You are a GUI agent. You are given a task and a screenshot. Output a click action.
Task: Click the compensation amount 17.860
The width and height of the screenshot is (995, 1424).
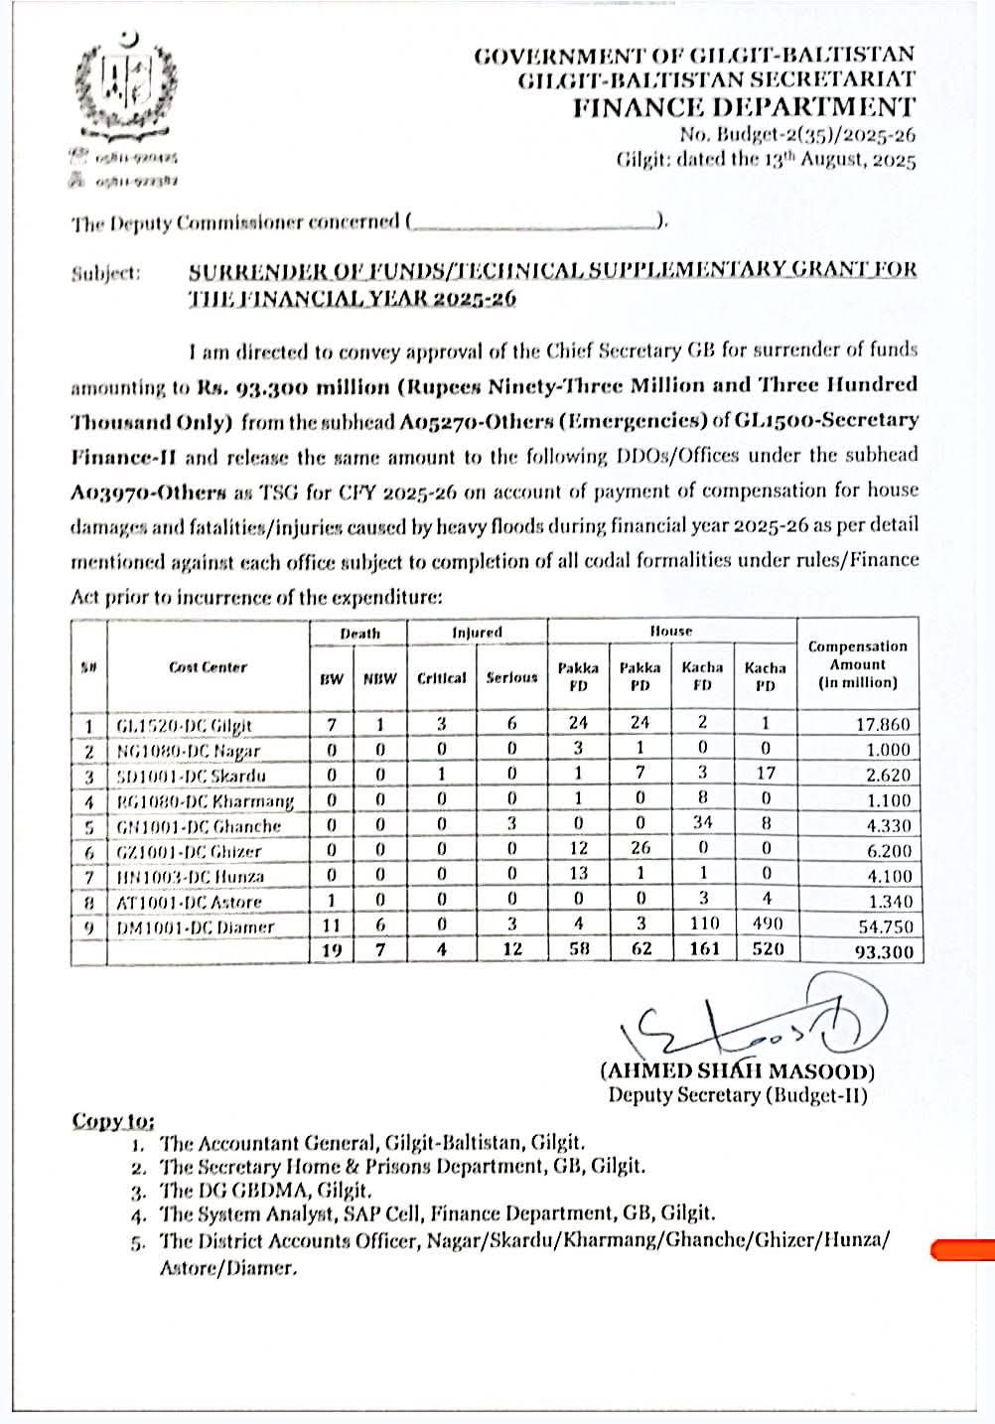coord(883,725)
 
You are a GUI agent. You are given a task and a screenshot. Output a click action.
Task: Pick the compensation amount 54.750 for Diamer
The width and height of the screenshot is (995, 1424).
coord(883,926)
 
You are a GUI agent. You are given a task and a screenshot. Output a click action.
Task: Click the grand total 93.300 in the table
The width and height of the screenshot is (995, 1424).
coord(883,950)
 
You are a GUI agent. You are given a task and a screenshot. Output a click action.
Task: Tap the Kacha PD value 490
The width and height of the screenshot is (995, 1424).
coord(766,926)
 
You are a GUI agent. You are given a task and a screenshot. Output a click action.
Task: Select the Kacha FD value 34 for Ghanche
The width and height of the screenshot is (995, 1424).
coord(702,825)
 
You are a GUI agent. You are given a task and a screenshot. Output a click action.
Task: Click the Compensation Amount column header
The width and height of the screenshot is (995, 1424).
coord(858,664)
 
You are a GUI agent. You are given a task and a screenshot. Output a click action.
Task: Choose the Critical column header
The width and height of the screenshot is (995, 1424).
coord(442,678)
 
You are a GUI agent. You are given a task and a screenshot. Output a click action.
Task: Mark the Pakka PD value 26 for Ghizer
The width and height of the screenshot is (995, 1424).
coord(640,850)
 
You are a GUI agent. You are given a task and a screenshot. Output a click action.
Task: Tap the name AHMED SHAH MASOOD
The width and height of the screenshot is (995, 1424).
coord(737,1071)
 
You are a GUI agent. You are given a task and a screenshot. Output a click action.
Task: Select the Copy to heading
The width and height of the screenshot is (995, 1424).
coord(112,1121)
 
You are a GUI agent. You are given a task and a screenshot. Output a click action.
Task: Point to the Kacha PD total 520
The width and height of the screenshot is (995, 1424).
coord(766,950)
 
